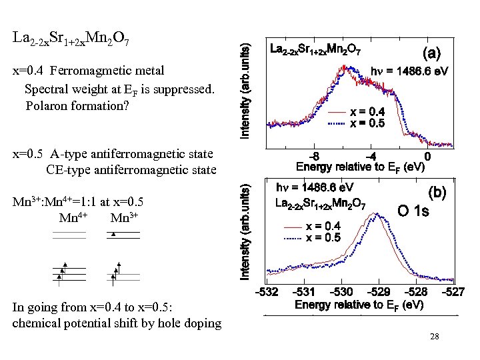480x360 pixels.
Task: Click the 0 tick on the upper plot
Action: pos(427,156)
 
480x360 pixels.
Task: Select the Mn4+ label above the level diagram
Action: pos(72,217)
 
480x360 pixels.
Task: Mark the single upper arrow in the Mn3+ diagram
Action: pos(114,234)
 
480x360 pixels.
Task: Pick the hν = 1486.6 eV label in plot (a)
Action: pos(409,70)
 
